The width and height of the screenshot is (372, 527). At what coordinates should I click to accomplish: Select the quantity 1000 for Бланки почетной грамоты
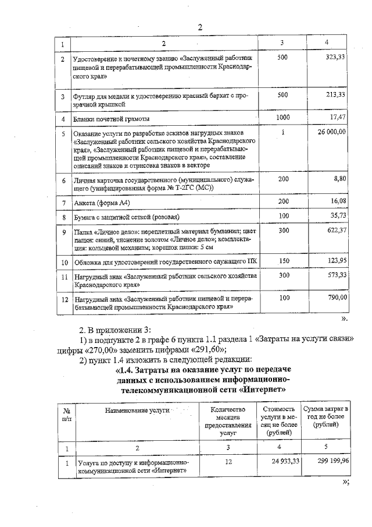pos(282,117)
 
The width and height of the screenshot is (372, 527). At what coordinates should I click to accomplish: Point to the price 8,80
pos(340,179)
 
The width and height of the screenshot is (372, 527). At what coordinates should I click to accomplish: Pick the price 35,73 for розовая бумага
pos(337,215)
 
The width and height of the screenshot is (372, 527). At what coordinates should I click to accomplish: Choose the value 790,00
pos(336,298)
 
